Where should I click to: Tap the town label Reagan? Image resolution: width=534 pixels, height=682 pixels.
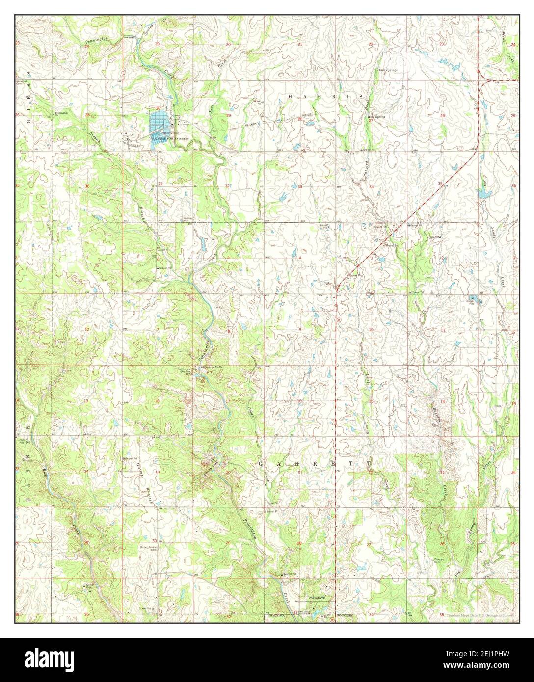[134, 146]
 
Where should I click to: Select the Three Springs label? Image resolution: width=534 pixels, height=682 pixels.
[386, 70]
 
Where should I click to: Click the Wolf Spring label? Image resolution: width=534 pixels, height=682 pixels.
[375, 117]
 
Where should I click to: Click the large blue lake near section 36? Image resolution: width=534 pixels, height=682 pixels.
[484, 193]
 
